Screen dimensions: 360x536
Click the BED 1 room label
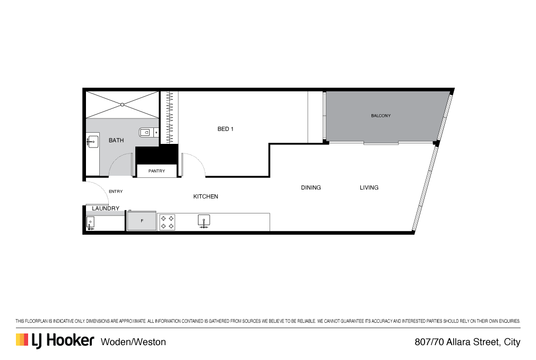tap(226, 129)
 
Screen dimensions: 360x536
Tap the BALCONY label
tap(381, 116)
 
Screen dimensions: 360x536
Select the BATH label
tap(116, 141)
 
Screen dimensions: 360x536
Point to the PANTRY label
tap(157, 171)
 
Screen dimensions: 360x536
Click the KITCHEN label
tap(205, 197)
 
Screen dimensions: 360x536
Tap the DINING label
tap(310, 188)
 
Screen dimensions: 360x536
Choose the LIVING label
tap(369, 188)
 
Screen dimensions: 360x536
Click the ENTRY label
tap(116, 192)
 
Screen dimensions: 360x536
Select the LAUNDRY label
tap(106, 209)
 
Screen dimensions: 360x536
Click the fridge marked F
tap(142, 221)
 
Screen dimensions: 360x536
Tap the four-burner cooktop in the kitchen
tap(167, 222)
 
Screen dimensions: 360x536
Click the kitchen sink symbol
tap(204, 221)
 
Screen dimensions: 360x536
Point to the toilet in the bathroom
tap(145, 133)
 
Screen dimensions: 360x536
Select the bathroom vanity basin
tap(92, 141)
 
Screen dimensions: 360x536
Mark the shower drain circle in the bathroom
tap(122, 105)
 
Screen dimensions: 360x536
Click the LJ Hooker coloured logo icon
tap(22, 340)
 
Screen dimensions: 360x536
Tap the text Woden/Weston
tap(133, 342)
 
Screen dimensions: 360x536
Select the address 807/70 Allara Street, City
tap(467, 342)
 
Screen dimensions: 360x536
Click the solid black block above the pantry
tap(156, 154)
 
